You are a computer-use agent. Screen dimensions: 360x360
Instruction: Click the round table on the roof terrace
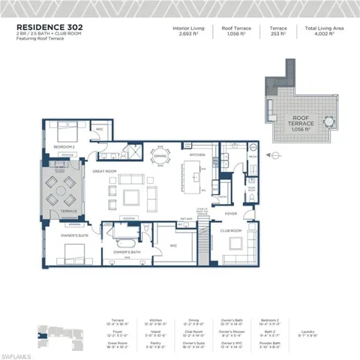pos(328,121)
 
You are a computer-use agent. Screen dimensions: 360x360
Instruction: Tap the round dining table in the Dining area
pos(162,157)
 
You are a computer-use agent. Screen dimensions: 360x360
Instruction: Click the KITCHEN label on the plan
pos(197,154)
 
